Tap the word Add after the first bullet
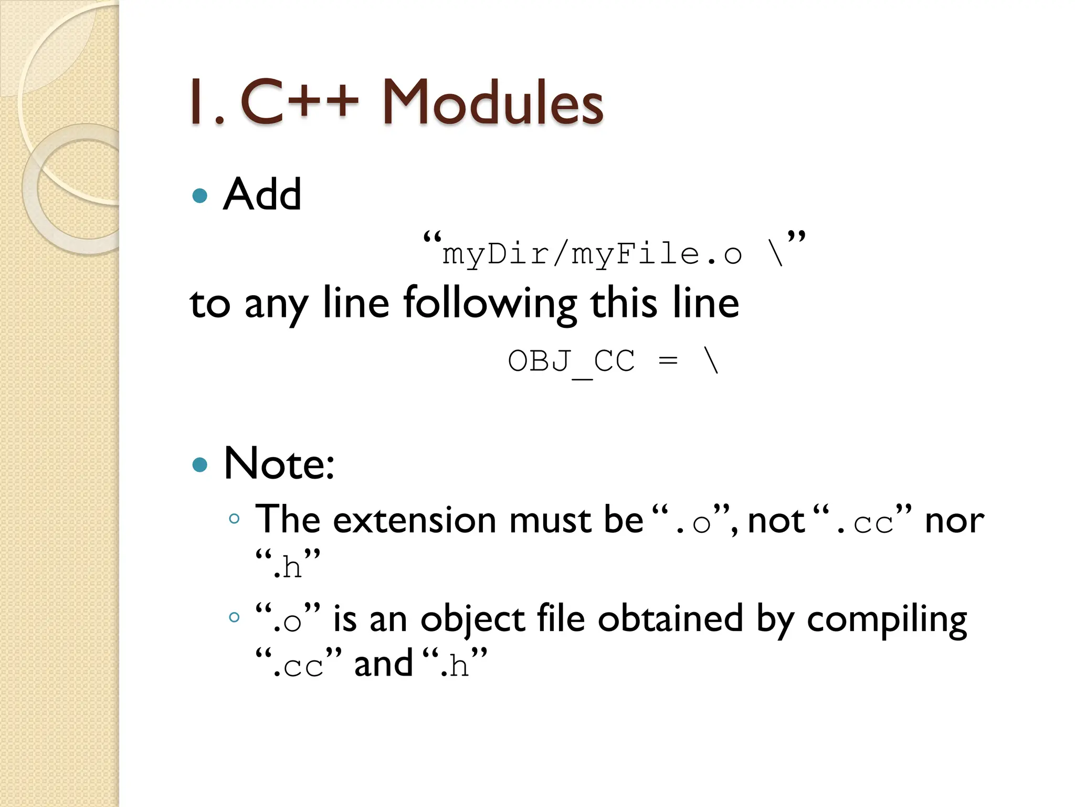pos(262,194)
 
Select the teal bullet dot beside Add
pos(200,196)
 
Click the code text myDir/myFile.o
pos(592,255)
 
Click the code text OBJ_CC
pos(571,361)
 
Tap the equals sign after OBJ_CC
pos(668,361)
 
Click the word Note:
pos(279,463)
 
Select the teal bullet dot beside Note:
pos(200,464)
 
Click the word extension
pos(415,520)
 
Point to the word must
pos(550,520)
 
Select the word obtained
pos(670,618)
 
